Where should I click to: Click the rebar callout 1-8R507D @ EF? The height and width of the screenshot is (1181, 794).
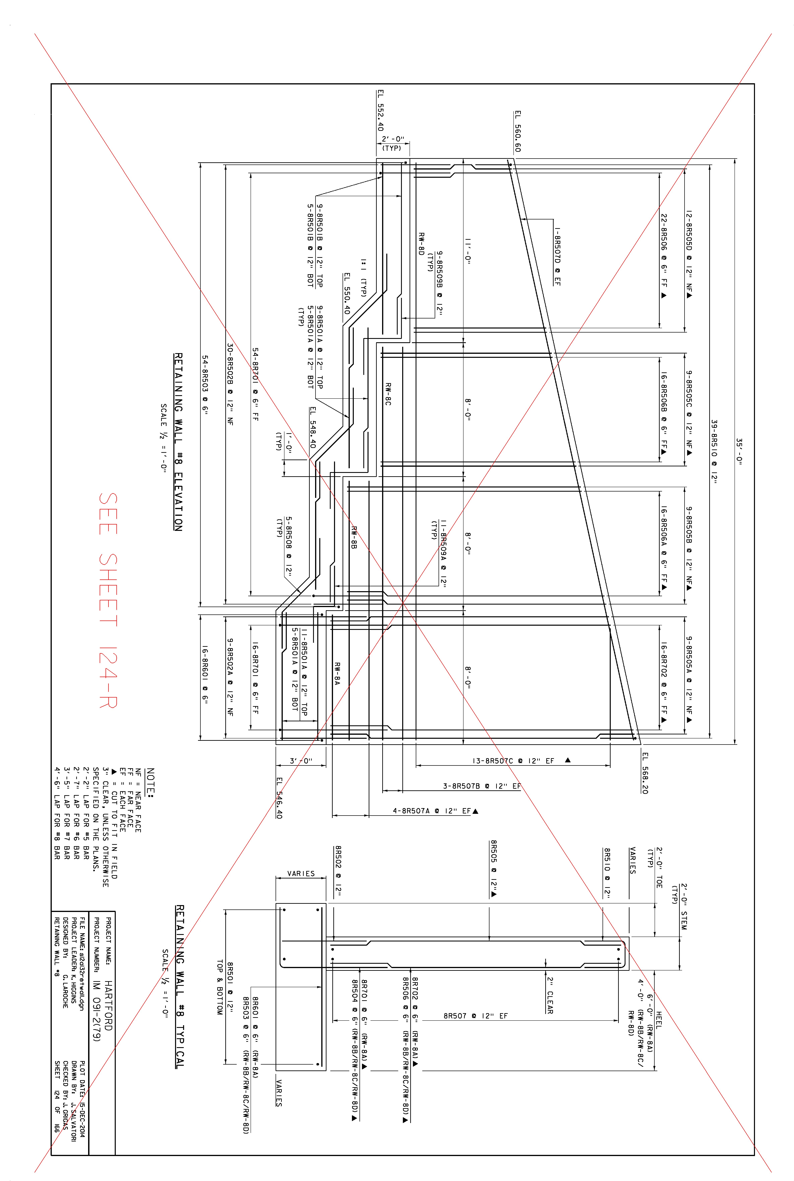pos(557,256)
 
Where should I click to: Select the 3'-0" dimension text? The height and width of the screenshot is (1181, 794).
pos(301,761)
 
